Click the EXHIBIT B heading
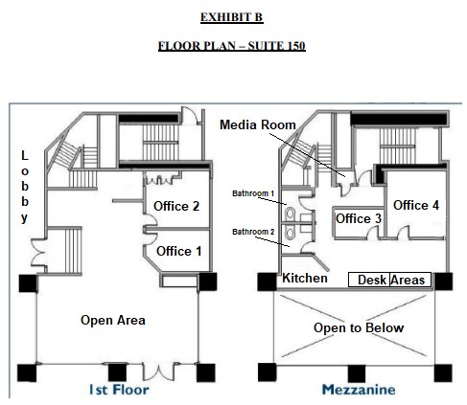point(231,17)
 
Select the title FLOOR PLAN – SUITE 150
point(231,46)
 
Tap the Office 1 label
point(179,251)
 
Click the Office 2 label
point(176,206)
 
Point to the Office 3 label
point(359,219)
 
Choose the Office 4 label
point(416,205)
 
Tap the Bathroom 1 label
point(253,193)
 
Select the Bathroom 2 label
point(253,232)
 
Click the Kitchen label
point(304,278)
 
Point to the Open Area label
point(113,320)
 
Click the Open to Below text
point(360,328)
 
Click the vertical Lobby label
point(25,187)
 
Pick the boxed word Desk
point(372,280)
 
